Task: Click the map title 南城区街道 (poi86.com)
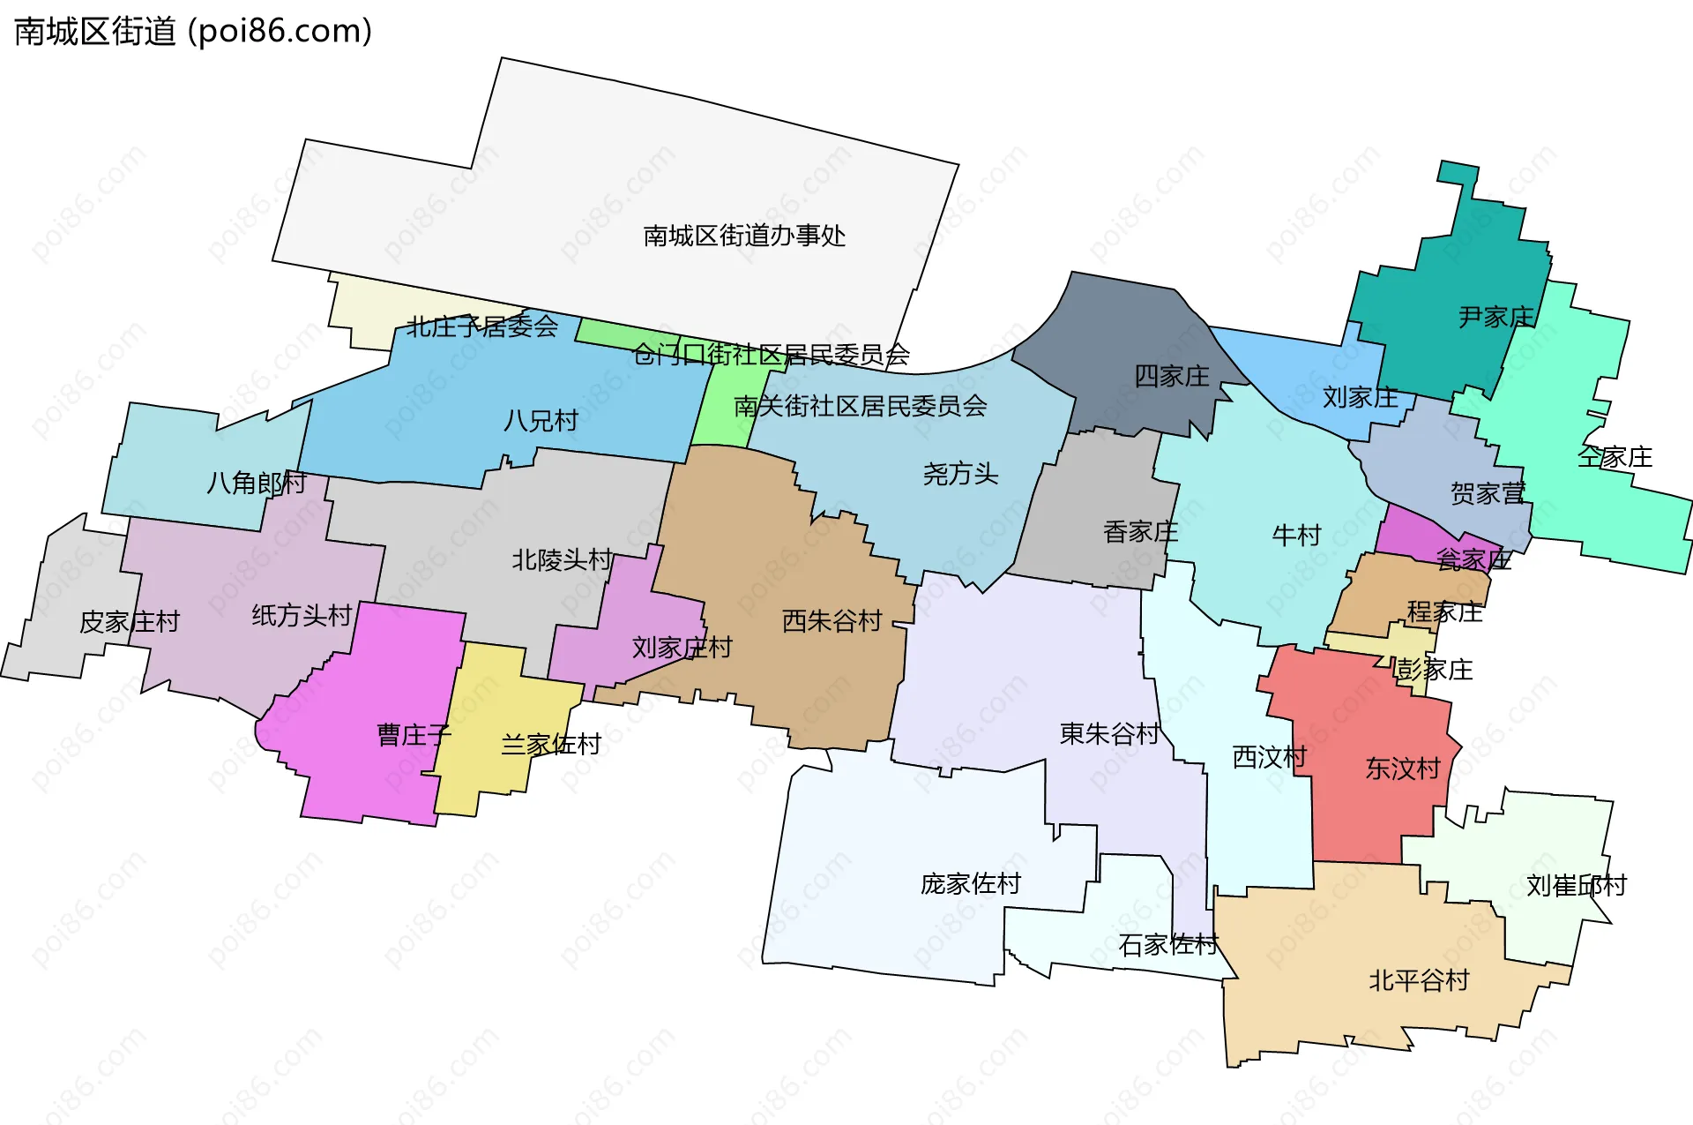click(193, 32)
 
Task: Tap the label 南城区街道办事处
click(744, 236)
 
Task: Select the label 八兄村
click(541, 421)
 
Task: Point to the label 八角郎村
click(256, 483)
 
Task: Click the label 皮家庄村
click(130, 622)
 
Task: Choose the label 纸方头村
click(302, 615)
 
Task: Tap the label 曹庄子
click(414, 735)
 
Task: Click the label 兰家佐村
click(551, 745)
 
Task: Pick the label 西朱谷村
click(832, 621)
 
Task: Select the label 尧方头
click(960, 474)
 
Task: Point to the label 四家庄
click(1172, 377)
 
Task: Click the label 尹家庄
click(1495, 317)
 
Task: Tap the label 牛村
click(1296, 535)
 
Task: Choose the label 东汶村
click(1402, 769)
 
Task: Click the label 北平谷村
click(1419, 980)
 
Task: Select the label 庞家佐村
click(970, 883)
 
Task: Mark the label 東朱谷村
click(1109, 733)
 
